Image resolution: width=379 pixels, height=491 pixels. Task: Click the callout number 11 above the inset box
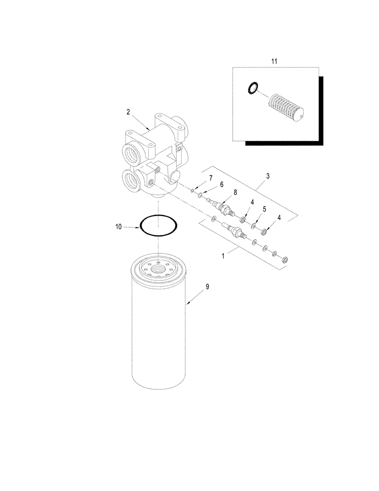[x=274, y=61]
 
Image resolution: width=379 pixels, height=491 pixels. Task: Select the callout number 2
[x=128, y=112]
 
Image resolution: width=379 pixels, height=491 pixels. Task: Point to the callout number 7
[x=211, y=177]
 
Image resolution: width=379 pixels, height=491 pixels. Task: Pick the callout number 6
[x=221, y=184]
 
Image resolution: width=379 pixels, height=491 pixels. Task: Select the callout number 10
[x=118, y=226]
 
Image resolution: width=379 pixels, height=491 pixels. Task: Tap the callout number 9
[x=207, y=286]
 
